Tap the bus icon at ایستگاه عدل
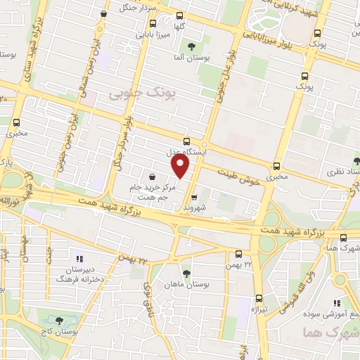pyautogui.click(x=186, y=141)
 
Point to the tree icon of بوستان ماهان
pyautogui.click(x=186, y=274)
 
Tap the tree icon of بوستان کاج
pyautogui.click(x=58, y=321)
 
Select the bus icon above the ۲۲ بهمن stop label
pyautogui.click(x=238, y=254)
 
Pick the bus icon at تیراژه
pyautogui.click(x=259, y=297)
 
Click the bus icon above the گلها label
pyautogui.click(x=179, y=15)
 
